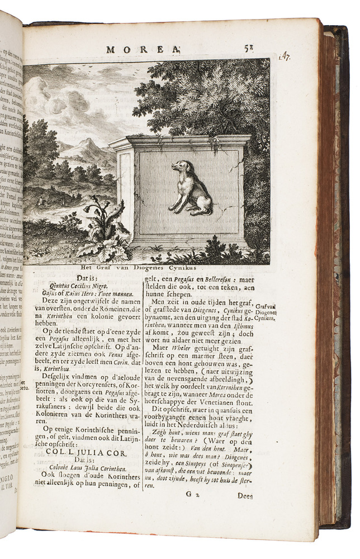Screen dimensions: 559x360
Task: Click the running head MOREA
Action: (x=142, y=49)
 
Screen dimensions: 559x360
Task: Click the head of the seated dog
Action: (x=180, y=167)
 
